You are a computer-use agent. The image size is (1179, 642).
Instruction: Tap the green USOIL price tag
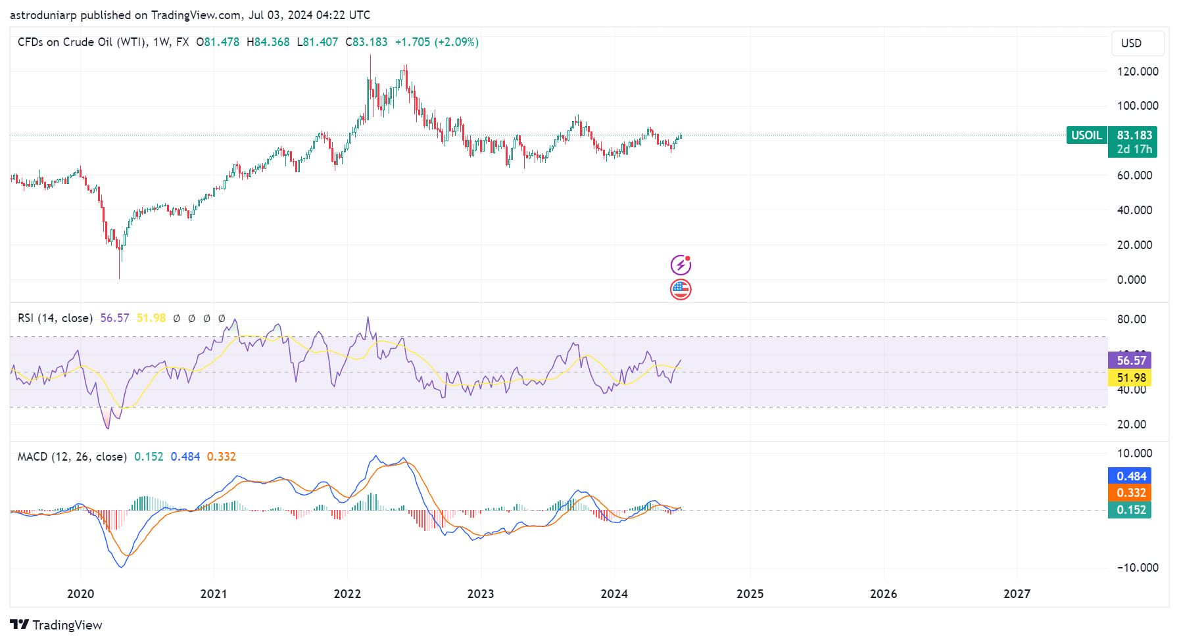pos(1086,135)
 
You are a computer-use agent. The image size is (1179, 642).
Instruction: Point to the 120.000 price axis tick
pos(1137,72)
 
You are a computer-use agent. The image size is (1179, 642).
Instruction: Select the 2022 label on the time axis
pos(347,594)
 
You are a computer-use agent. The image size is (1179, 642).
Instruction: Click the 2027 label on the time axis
pos(1017,594)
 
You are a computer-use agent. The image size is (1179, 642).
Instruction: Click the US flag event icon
pos(681,289)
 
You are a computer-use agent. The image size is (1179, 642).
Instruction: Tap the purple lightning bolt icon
pos(681,265)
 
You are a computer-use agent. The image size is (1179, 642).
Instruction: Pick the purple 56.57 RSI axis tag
pos(1130,360)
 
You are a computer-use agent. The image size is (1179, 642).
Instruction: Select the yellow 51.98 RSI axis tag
pos(1130,377)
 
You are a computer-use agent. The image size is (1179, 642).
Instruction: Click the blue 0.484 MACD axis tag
pos(1130,476)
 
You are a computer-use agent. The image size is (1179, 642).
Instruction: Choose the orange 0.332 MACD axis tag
pos(1130,493)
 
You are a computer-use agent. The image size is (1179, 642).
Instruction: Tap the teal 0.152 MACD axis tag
pos(1130,510)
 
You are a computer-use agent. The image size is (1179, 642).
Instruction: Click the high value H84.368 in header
pos(268,42)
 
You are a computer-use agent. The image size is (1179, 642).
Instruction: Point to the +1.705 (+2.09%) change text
pos(437,42)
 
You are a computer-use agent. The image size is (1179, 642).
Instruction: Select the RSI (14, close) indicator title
pos(55,318)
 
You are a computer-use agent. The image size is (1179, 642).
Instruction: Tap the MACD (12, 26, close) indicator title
pos(72,457)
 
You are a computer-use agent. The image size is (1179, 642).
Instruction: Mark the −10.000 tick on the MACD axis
pos(1137,568)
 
